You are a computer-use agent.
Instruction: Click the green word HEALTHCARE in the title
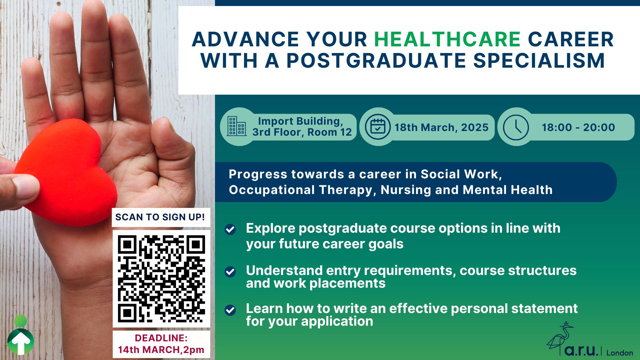click(447, 39)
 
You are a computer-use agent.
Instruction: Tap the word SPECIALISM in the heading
click(539, 61)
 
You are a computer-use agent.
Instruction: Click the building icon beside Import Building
click(236, 126)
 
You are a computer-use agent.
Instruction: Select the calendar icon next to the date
click(377, 127)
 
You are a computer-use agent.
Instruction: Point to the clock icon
click(516, 127)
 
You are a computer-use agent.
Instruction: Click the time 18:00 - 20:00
click(578, 127)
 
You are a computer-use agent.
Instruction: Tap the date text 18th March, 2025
click(441, 127)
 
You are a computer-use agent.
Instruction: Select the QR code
click(161, 279)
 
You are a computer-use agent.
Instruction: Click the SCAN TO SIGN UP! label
click(160, 217)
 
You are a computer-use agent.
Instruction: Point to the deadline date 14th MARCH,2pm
click(161, 350)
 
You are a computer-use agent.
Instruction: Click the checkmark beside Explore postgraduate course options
click(230, 229)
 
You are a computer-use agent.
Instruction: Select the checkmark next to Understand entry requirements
click(230, 272)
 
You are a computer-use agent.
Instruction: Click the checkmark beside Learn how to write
click(230, 310)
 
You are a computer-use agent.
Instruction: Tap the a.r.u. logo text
click(581, 350)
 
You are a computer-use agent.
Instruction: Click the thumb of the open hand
click(173, 147)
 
